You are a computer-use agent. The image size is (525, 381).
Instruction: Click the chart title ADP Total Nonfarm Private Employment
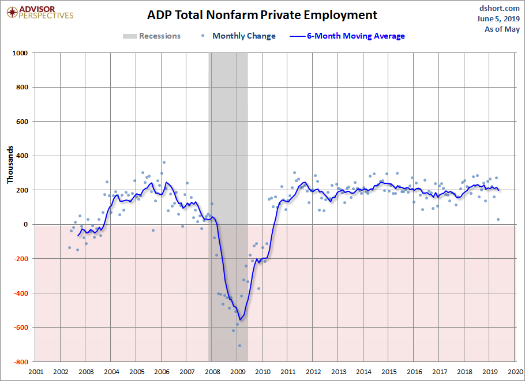262,15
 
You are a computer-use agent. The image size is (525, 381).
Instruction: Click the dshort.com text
499,8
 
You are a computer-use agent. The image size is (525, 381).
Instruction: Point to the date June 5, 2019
498,18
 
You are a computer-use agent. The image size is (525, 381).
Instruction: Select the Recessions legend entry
152,36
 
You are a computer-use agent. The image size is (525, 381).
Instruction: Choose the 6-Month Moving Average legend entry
346,36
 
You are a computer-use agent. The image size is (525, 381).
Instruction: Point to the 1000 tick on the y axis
22,53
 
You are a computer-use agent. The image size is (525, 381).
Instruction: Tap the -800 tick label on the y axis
22,362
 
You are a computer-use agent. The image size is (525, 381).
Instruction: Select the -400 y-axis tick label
22,293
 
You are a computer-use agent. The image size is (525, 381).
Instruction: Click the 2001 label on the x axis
35,372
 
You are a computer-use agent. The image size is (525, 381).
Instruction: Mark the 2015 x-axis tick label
388,372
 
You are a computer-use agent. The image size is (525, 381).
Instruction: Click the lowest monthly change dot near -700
239,346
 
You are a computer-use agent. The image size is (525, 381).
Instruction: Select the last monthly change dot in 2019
498,220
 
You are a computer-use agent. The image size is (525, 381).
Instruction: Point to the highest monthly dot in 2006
164,163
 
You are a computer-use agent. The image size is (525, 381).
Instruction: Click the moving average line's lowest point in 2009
239,320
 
